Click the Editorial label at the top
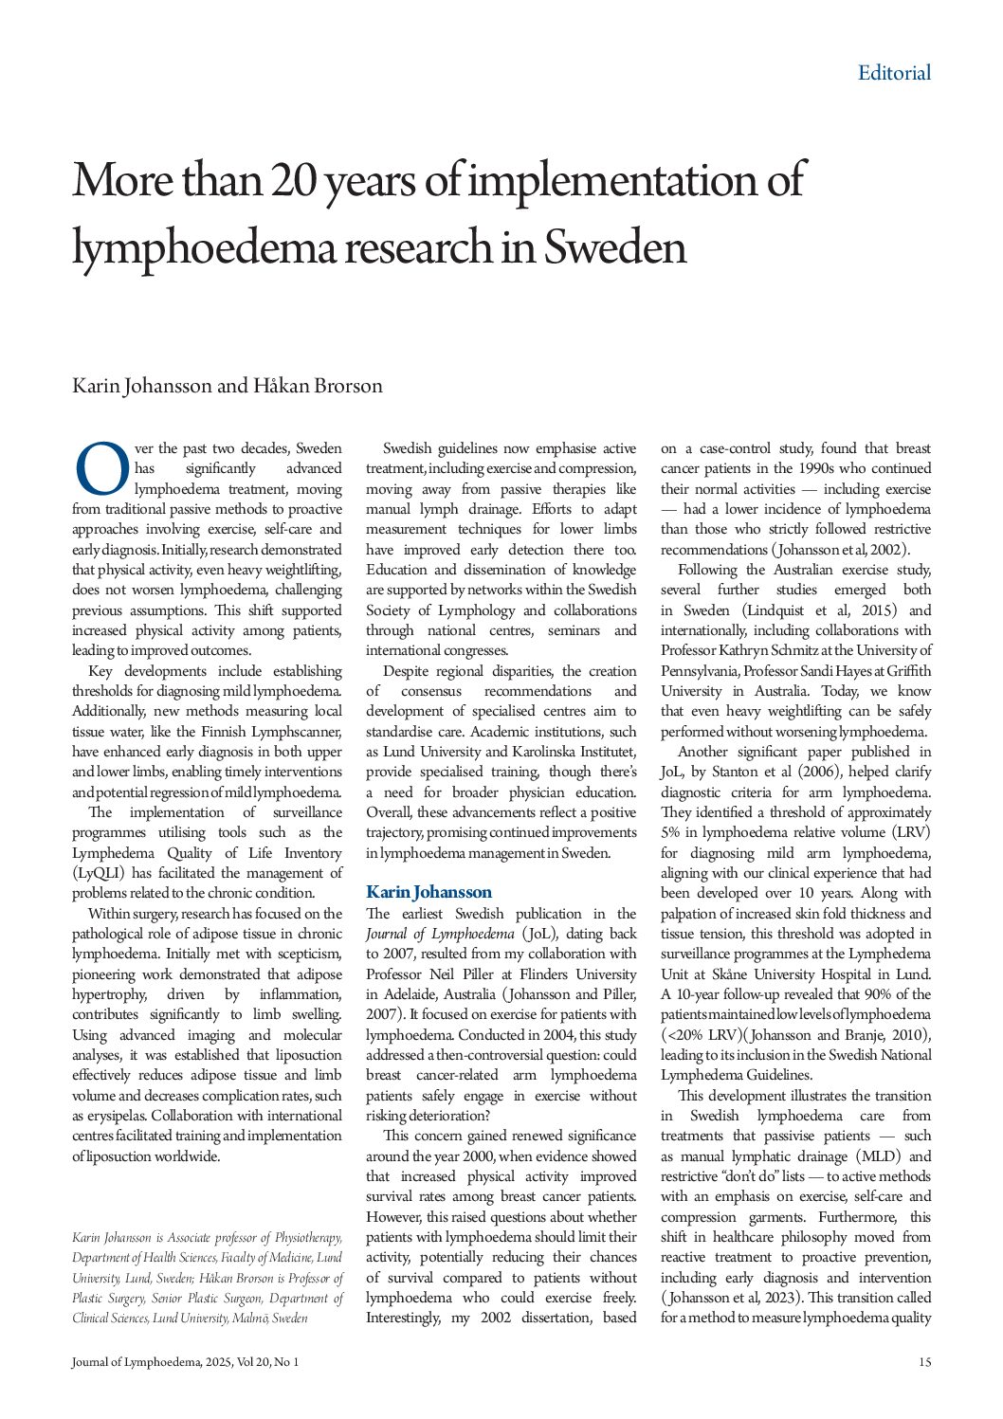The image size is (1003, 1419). click(x=894, y=73)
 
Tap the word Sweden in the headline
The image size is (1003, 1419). click(x=614, y=247)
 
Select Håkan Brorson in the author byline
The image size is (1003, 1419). click(x=318, y=386)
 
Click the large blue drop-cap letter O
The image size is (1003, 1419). click(x=101, y=468)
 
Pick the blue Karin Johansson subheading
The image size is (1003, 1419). click(x=429, y=892)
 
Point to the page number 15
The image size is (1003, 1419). click(x=924, y=1362)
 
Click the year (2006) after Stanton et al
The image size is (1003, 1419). click(x=818, y=773)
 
